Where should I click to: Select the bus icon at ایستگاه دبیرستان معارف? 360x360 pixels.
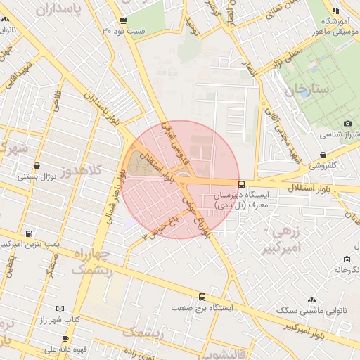click(x=242, y=185)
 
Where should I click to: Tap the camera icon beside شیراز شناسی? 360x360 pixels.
click(x=347, y=123)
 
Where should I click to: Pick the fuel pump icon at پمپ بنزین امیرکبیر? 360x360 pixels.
click(x=29, y=233)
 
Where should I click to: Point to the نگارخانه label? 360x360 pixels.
click(x=342, y=269)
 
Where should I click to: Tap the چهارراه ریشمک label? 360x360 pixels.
click(x=92, y=260)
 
